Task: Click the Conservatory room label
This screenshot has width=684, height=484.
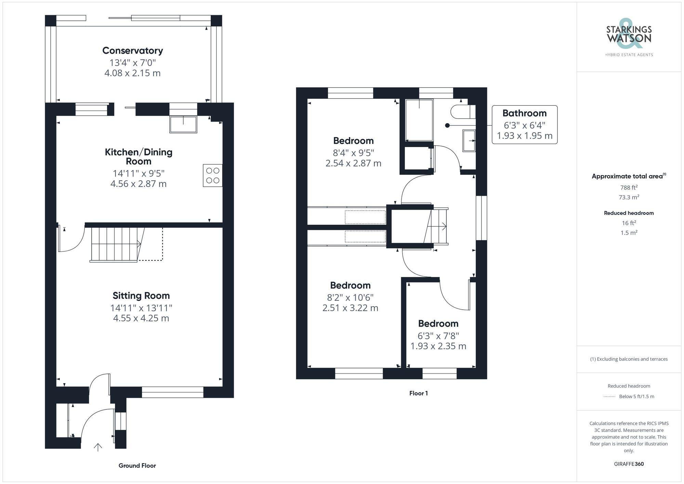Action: (133, 51)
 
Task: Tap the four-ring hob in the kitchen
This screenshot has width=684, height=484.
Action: (212, 175)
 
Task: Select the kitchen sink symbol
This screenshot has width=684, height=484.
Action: (183, 124)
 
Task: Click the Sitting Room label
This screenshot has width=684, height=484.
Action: (141, 296)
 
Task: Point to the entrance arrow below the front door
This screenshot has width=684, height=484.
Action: (98, 447)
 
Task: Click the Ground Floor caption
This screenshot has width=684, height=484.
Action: (137, 466)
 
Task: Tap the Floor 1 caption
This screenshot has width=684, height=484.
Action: (418, 393)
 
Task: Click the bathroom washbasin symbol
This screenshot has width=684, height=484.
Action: (469, 140)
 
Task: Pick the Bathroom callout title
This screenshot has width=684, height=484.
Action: (524, 113)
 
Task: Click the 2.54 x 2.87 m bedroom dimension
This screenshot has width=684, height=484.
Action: (353, 163)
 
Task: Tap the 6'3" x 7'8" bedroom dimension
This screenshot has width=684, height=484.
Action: (438, 336)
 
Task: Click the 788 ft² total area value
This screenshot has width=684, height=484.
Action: (629, 187)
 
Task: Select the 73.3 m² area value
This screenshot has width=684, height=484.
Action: (629, 197)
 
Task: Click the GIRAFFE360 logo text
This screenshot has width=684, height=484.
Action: (629, 464)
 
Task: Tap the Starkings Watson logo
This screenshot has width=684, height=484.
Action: (629, 38)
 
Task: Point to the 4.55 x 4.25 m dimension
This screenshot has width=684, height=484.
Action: (141, 318)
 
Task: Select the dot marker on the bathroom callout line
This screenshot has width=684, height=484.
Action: (447, 126)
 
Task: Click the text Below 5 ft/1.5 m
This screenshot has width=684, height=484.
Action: (636, 396)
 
